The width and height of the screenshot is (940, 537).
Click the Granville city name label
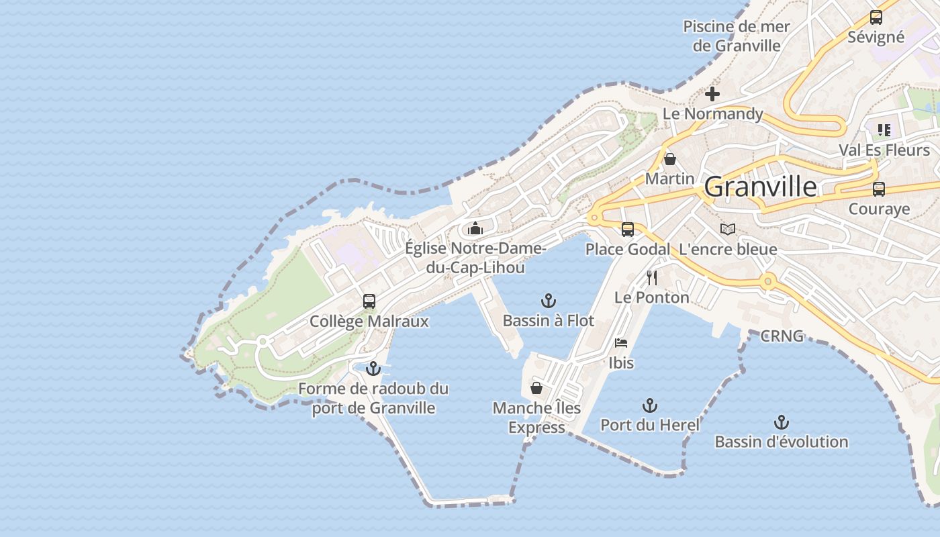pos(761,187)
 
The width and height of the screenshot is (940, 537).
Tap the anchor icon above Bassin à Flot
pos(549,301)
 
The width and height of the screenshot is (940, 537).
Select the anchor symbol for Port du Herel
pos(649,405)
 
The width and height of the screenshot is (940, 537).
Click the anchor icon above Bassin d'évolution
pos(781,422)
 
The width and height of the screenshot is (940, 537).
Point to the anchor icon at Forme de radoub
pos(373,369)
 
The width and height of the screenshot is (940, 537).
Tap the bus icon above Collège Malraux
pos(369,301)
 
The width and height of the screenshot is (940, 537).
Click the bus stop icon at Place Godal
pos(628,230)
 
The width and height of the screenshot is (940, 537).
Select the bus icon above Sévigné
pos(876,17)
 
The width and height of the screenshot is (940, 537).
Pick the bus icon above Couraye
pos(879,189)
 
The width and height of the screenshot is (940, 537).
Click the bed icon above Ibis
pos(621,343)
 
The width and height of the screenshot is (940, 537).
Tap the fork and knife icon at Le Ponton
pos(651,277)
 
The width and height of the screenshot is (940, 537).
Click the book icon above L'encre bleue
pos(728,230)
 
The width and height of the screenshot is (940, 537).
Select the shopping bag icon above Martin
pos(669,159)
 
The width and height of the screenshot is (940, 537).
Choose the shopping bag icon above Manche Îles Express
pos(536,388)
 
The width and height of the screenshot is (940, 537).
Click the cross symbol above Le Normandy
pos(712,94)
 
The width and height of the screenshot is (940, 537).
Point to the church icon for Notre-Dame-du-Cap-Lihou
pos(475,228)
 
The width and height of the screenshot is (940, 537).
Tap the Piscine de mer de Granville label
pos(737,36)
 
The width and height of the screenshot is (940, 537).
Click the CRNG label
pos(782,336)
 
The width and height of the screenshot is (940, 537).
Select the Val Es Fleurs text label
pos(884,150)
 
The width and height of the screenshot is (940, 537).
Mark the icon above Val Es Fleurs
pos(884,130)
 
